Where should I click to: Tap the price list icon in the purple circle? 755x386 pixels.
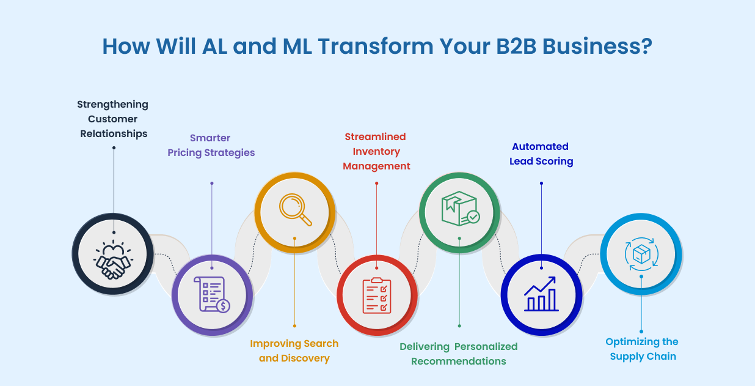[211, 295]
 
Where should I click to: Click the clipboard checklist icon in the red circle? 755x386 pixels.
[377, 295]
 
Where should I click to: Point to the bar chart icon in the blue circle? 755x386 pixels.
[541, 294]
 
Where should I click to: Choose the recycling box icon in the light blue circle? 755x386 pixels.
[640, 253]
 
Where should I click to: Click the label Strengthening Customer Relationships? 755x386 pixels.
[113, 119]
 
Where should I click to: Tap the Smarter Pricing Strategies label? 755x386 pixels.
[211, 145]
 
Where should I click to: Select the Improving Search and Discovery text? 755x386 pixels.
[294, 351]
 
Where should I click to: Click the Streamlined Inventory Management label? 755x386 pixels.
[376, 151]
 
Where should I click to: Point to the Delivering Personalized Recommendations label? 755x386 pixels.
[458, 354]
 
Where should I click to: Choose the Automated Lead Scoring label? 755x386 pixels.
[541, 154]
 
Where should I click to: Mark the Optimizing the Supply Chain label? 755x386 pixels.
[642, 349]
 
